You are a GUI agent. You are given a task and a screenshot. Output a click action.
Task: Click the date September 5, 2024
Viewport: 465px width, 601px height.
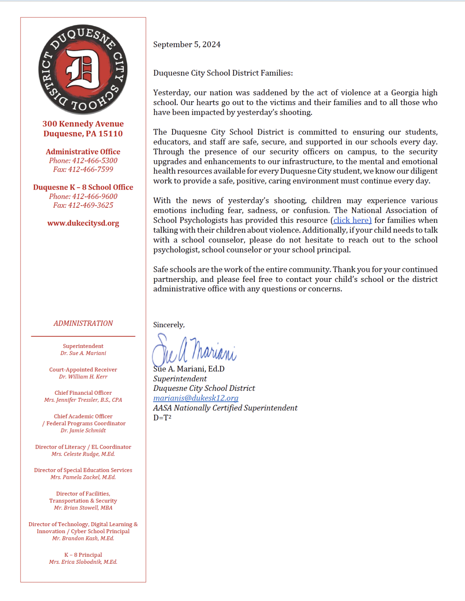(x=187, y=45)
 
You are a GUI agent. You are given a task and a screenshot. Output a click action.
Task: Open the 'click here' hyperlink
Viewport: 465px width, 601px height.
(x=352, y=220)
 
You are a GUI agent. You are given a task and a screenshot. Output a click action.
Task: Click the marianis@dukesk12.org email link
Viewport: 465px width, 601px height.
(x=196, y=398)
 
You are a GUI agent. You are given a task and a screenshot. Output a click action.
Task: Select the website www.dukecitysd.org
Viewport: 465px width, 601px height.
(x=83, y=223)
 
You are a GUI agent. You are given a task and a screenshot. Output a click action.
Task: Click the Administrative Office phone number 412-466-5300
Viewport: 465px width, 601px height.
(x=95, y=161)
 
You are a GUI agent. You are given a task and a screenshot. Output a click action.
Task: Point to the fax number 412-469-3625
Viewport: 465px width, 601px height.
(x=91, y=205)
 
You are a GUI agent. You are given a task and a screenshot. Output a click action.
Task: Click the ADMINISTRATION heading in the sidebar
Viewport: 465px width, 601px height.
(x=83, y=323)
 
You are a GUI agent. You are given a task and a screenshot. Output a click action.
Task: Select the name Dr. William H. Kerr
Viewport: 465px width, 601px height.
(x=83, y=376)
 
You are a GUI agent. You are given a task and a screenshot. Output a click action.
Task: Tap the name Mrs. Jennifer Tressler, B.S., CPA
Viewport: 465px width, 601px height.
(x=83, y=400)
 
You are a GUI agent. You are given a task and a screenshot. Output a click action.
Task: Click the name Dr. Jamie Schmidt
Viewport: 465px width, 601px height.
(x=83, y=430)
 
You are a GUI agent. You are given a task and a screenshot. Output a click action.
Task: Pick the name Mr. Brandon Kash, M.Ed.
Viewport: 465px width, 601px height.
(x=83, y=538)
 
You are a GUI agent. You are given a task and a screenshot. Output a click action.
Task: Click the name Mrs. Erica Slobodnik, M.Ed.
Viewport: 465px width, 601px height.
(x=83, y=562)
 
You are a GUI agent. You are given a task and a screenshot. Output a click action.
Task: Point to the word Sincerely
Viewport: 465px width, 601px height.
(x=169, y=325)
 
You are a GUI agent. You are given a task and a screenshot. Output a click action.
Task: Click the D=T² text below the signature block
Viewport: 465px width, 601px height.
(x=162, y=418)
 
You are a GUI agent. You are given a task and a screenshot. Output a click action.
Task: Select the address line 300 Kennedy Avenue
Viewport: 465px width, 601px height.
(x=83, y=124)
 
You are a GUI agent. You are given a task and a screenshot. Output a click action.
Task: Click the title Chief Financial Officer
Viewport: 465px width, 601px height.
(x=83, y=393)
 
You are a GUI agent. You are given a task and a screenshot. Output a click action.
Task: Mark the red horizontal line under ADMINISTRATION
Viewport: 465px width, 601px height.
(x=83, y=336)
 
